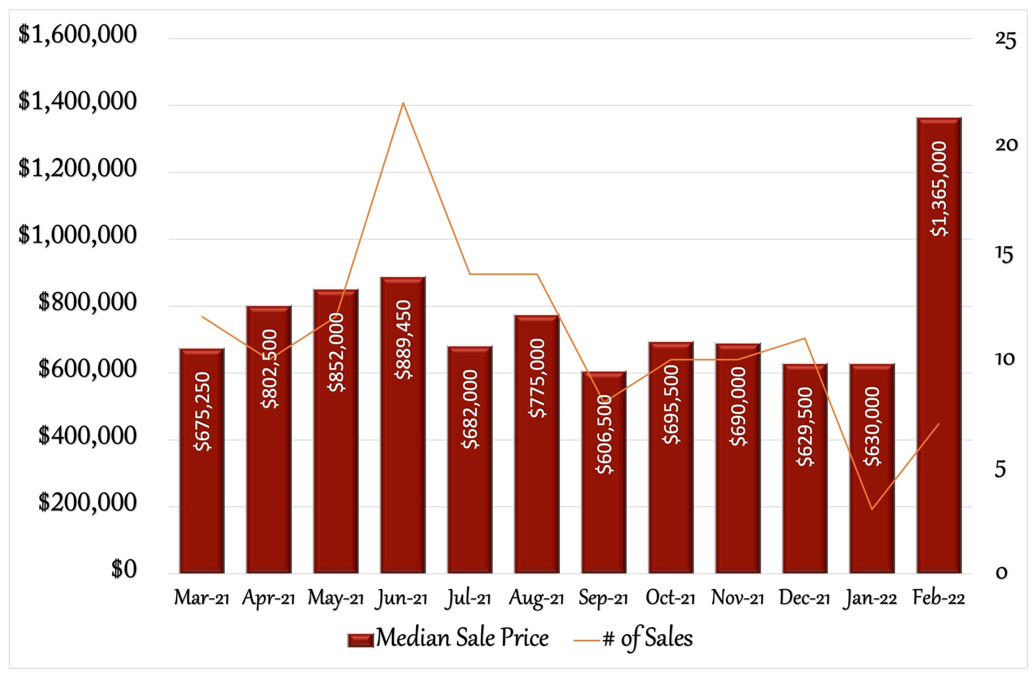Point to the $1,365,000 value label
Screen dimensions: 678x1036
pos(938,189)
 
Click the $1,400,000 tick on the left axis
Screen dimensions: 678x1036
pos(77,102)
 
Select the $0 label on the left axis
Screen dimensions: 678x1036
pos(124,569)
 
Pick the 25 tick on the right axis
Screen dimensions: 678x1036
pos(1006,40)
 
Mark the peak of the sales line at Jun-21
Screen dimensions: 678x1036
pos(403,103)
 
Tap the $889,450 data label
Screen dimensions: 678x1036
pos(403,339)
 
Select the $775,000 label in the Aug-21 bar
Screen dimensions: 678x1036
pos(537,378)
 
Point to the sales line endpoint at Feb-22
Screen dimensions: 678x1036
pos(939,424)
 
